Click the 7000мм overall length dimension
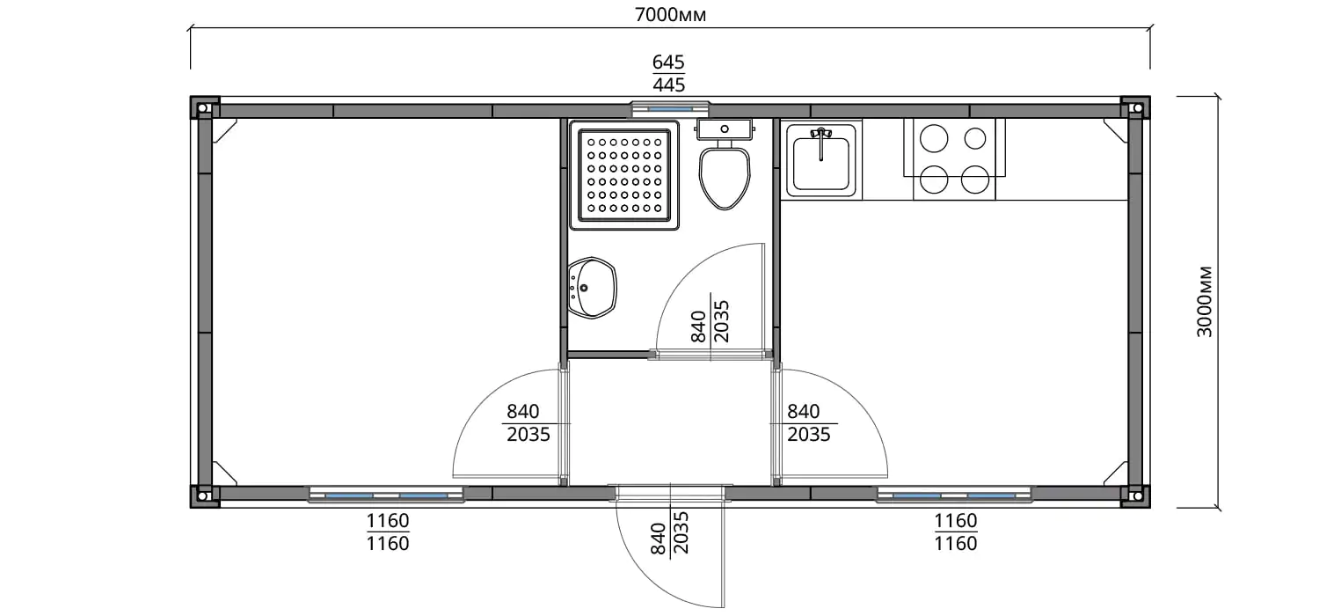coord(670,15)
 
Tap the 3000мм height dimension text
coord(1205,302)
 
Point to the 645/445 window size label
coord(669,74)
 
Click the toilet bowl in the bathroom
coord(725,177)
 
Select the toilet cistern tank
coord(725,129)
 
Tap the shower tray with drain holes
coord(624,175)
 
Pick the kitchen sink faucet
coord(820,142)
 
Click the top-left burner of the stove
coord(934,138)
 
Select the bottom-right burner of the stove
coord(975,180)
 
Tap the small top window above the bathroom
coord(670,109)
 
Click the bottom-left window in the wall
coord(386,495)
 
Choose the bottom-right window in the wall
coord(954,495)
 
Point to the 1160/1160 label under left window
coord(388,532)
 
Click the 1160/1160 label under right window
coord(956,532)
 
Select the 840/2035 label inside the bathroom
coord(711,321)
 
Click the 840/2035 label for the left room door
coord(528,422)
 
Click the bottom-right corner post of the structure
coord(1136,495)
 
